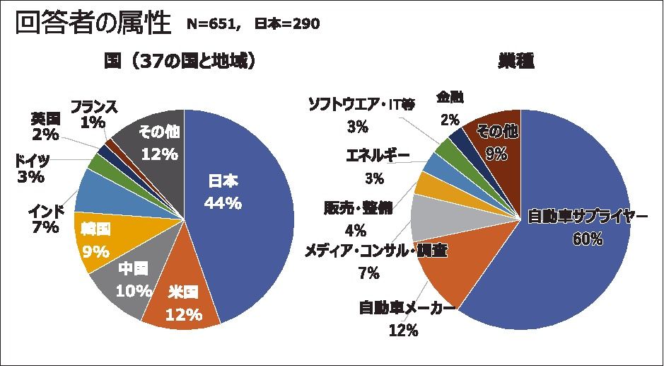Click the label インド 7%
46,219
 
